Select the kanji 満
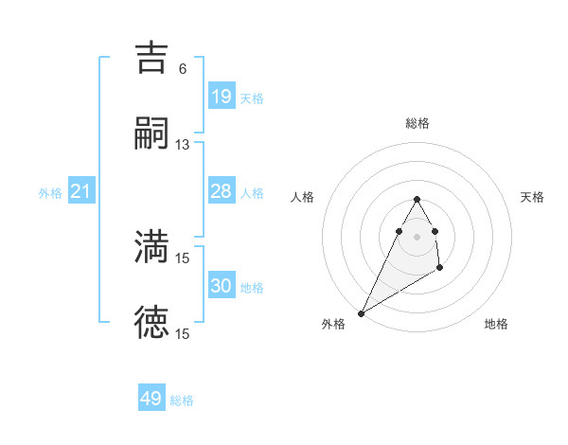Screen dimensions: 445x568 (x=151, y=246)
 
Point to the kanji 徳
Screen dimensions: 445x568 (x=151, y=323)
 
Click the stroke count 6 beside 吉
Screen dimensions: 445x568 (x=183, y=68)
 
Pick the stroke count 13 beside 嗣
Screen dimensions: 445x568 (x=183, y=145)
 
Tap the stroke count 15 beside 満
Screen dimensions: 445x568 (x=183, y=258)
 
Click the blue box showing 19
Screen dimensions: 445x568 (x=221, y=97)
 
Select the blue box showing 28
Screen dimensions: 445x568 (x=221, y=191)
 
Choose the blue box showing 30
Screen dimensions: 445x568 (x=221, y=286)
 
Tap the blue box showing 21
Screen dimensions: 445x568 (x=81, y=192)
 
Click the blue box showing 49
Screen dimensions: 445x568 (x=151, y=399)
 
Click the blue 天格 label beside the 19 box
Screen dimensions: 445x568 (x=252, y=98)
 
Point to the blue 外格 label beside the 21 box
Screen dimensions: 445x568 (x=50, y=193)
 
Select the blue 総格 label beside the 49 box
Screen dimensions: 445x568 (x=182, y=400)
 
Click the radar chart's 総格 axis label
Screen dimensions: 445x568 (x=417, y=123)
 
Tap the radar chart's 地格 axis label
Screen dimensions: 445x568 (x=496, y=324)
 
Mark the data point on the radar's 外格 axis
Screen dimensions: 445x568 (x=361, y=312)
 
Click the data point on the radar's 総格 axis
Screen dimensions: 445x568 (x=417, y=199)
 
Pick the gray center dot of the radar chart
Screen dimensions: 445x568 (x=417, y=236)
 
